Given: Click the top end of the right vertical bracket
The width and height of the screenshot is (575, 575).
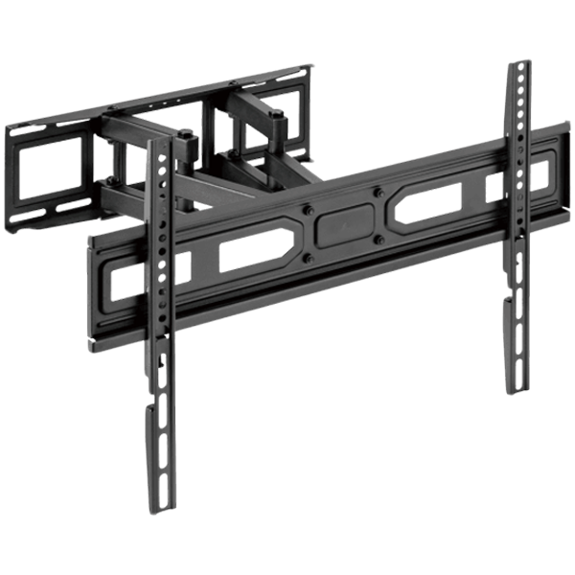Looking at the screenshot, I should pos(517,63).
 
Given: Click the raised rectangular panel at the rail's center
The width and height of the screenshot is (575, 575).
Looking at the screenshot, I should pos(343,221).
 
